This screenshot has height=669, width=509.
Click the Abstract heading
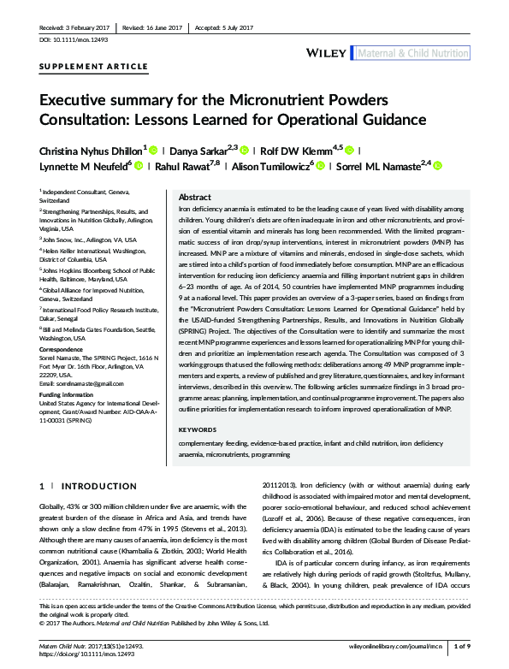195,197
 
